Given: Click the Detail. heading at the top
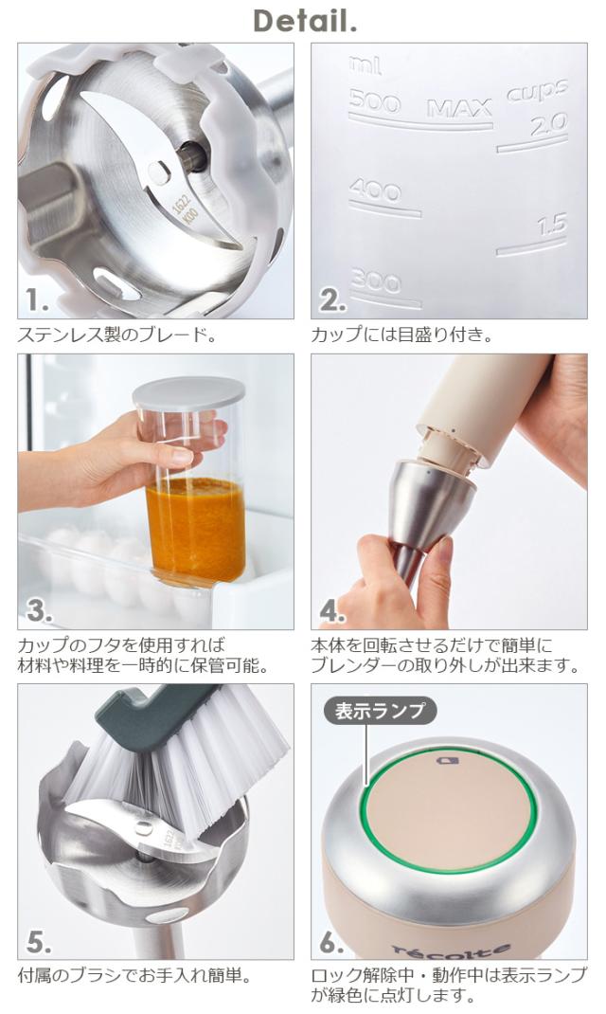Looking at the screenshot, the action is (305, 22).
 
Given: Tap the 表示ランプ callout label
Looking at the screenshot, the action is (380, 711).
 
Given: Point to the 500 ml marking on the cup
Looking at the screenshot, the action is (375, 101).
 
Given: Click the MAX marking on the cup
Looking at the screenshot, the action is (458, 109).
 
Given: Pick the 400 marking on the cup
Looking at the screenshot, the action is (375, 190).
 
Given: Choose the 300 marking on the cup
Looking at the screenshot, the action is (376, 281).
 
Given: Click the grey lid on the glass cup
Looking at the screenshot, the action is (188, 392).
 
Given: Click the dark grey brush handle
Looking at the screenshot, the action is (150, 714).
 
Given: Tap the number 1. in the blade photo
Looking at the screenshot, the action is (37, 300).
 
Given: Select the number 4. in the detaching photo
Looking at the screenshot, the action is (331, 611).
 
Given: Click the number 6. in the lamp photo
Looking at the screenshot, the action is (331, 943).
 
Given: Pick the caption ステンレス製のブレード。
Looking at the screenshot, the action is (116, 335).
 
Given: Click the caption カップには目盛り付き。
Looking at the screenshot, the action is (401, 335).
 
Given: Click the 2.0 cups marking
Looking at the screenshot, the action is (548, 125).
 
